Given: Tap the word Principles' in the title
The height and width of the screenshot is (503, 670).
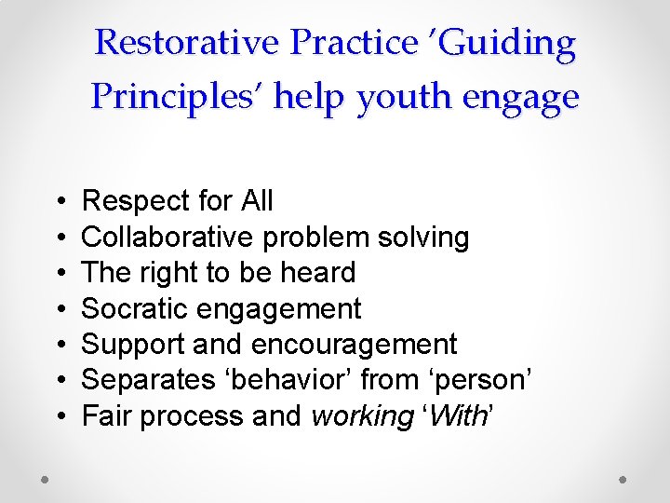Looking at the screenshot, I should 177,96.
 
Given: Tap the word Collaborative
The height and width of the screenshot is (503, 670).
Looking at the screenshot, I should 167,237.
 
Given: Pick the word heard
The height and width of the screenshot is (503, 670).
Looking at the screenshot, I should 318,273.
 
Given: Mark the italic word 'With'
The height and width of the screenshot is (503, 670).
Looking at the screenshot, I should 456,415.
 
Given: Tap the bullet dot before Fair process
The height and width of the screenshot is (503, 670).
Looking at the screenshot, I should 59,416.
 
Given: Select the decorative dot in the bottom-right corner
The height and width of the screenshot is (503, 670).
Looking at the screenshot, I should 623,479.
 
